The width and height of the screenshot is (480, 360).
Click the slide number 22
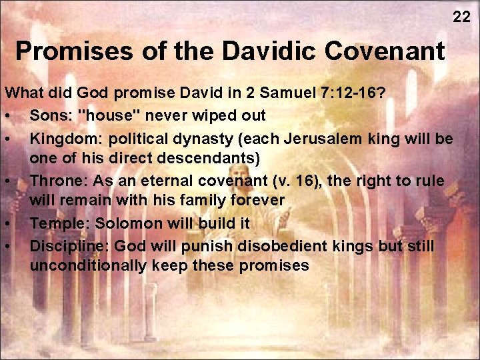point(461,17)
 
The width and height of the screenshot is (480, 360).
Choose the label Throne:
point(57,180)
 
